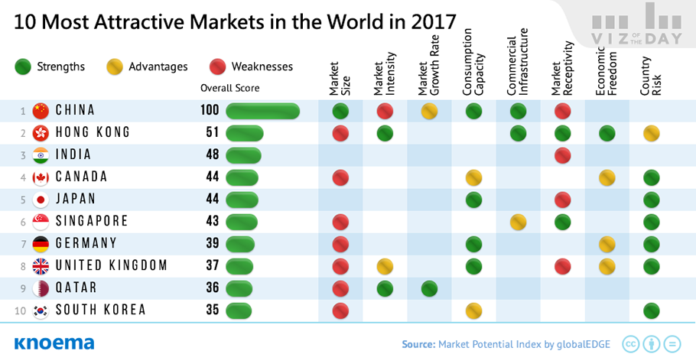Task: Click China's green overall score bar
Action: pos(262,112)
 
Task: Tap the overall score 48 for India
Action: pos(213,155)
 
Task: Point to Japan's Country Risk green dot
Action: pos(652,200)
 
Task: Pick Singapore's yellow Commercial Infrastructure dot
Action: pos(519,222)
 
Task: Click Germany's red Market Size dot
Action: pos(340,244)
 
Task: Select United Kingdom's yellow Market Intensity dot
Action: pos(385,266)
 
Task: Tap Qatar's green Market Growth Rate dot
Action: pos(429,288)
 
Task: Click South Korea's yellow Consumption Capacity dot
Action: pos(474,310)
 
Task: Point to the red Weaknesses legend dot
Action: pos(217,67)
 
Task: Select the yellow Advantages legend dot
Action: pos(114,67)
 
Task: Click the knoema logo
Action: pos(54,342)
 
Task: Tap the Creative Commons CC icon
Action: pos(631,343)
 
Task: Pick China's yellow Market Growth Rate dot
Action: pos(429,112)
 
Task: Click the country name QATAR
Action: pos(78,288)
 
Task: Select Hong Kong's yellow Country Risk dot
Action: pos(652,134)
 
